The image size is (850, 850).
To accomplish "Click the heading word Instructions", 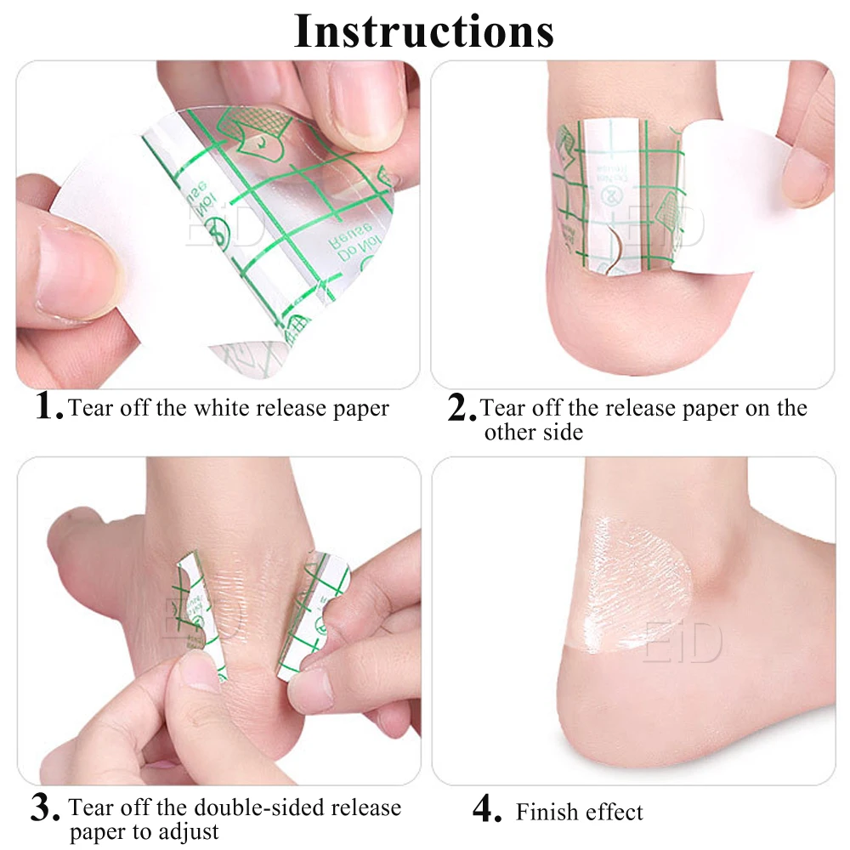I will [424, 31].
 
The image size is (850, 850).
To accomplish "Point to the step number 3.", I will [45, 807].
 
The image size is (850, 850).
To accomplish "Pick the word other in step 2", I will [507, 432].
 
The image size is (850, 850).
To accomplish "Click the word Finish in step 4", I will [547, 812].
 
